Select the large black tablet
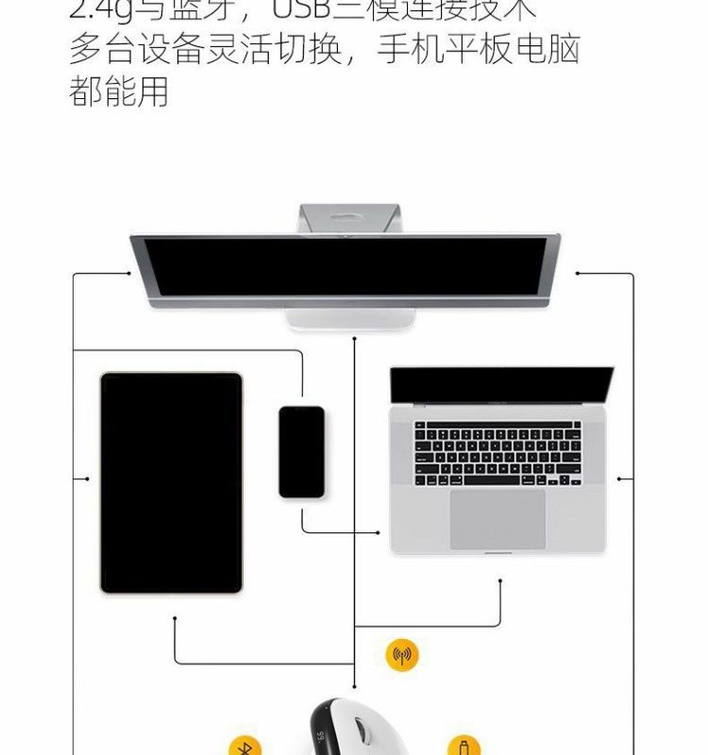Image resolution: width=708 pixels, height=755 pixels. pyautogui.click(x=171, y=482)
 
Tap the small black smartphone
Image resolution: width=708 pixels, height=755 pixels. pyautogui.click(x=301, y=451)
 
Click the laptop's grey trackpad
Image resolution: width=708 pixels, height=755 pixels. pyautogui.click(x=497, y=518)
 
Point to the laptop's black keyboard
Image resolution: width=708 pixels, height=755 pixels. pyautogui.click(x=497, y=454)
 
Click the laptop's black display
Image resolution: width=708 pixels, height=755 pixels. pyautogui.click(x=501, y=384)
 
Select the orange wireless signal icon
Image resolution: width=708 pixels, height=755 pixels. pyautogui.click(x=403, y=655)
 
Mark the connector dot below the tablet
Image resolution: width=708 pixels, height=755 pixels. pyautogui.click(x=175, y=619)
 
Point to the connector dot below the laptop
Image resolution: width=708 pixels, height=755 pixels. pyautogui.click(x=500, y=581)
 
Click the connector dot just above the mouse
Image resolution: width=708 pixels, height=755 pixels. pyautogui.click(x=354, y=687)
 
